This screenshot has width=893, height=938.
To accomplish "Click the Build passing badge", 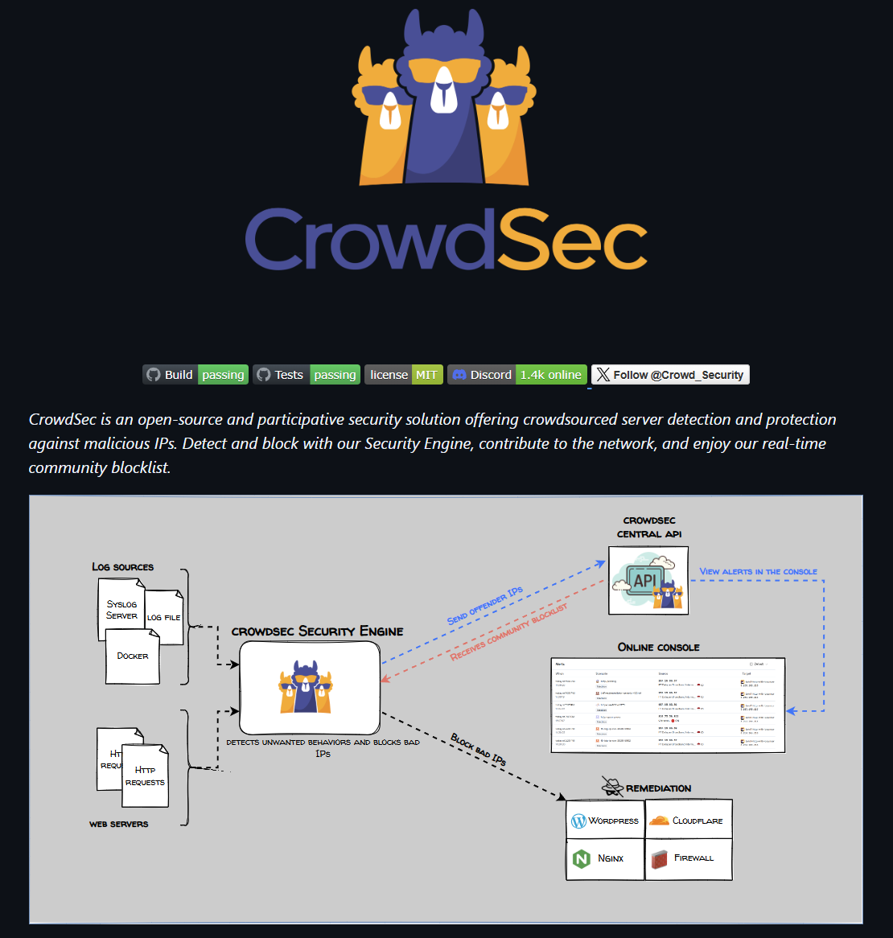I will coord(195,375).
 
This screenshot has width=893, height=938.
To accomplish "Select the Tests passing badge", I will coord(307,375).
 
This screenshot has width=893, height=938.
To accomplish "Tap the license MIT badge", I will coord(404,375).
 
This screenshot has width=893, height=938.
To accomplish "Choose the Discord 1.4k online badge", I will coord(517,375).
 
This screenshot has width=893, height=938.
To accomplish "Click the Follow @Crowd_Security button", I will coord(670,375).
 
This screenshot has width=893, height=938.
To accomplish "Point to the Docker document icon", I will coord(133,656).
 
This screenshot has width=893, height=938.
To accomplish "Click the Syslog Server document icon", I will coord(121,610).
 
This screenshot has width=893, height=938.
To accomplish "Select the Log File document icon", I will coord(166,617).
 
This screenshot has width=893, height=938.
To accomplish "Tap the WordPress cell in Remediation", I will coord(606,821).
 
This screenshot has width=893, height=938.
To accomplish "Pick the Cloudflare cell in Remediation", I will coord(689,821).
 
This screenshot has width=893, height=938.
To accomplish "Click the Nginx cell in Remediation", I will coord(606,858).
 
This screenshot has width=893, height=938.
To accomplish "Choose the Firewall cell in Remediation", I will coord(689,858).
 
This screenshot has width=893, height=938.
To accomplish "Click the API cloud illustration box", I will coord(648,580).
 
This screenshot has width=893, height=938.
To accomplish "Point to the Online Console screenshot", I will coord(668,706).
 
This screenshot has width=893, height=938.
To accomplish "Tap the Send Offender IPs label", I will coord(485,606).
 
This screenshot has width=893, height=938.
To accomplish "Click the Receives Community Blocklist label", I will coord(509,632).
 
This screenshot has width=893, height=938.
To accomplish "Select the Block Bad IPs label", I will coord(479,749).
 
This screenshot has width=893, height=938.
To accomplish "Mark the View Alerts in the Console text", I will coord(758,572).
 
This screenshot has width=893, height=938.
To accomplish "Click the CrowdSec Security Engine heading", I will coord(317,632).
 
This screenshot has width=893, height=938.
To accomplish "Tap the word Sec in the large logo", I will coord(572,240).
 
